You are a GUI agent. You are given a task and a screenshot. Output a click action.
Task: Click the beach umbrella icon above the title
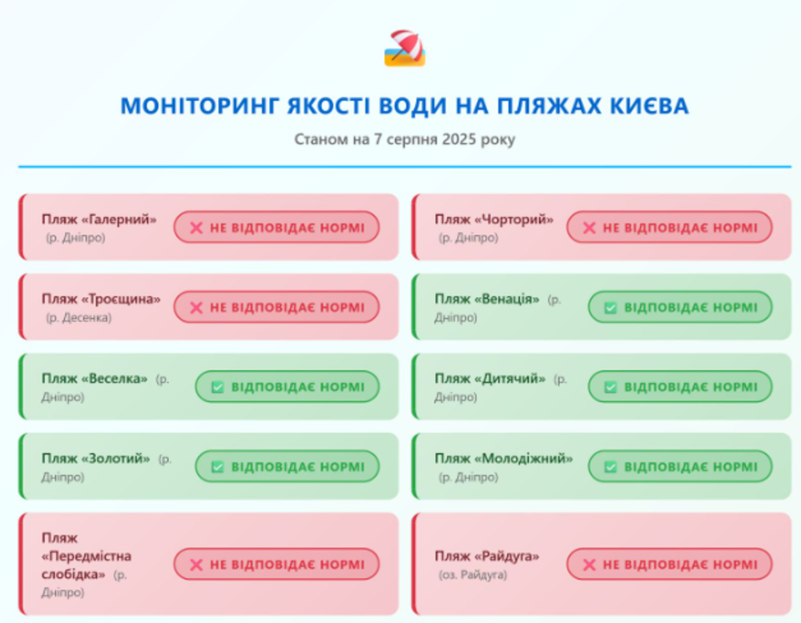[405, 48]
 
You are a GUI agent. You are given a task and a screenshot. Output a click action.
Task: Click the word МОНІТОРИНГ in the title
[199, 107]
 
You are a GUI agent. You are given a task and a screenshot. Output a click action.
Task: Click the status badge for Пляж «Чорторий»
[669, 227]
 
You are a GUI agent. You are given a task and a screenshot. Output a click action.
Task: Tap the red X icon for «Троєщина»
[196, 307]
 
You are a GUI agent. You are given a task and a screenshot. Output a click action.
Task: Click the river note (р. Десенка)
[78, 318]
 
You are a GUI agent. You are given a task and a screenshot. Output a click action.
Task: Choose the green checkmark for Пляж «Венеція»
[610, 307]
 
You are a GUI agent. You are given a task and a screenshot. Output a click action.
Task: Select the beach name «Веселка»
[114, 379]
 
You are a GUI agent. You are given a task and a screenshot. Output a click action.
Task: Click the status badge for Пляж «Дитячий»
[680, 387]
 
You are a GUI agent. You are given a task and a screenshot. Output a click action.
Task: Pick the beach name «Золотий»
[115, 459]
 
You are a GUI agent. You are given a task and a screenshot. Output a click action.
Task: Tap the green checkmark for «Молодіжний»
[610, 467]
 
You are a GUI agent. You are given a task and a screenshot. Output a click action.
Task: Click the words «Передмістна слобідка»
[87, 565]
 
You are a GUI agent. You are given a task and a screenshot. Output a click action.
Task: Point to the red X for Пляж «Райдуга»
[589, 565]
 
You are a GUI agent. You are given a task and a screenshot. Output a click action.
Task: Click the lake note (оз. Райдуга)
[473, 575]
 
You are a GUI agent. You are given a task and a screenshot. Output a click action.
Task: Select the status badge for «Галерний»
[276, 227]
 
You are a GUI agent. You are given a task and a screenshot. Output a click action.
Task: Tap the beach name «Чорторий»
[514, 219]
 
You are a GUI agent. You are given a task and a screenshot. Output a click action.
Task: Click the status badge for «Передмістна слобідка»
[276, 565]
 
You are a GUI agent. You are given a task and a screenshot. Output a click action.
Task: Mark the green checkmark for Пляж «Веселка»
[218, 387]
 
